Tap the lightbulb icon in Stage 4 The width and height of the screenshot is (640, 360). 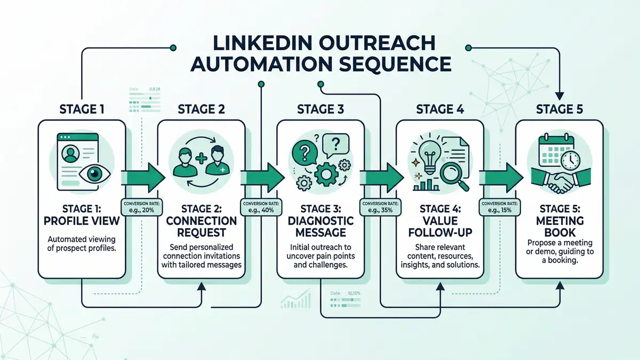428,154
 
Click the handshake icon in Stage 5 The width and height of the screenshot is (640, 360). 559,181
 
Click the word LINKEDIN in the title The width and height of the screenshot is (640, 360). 251,43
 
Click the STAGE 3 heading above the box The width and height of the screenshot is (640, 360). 320,110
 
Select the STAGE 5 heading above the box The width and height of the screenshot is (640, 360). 559,110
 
